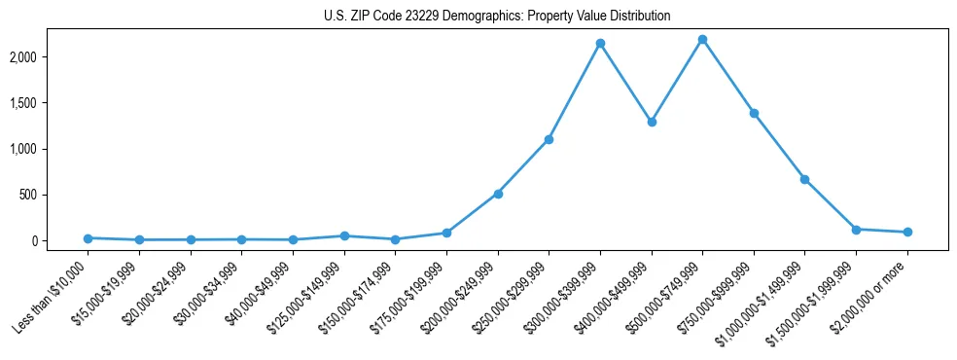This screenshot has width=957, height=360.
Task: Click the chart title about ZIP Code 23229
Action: [497, 17]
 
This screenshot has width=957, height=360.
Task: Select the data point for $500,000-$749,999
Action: [702, 40]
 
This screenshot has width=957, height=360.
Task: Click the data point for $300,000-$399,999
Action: [600, 44]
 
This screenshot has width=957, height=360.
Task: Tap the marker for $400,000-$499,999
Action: [652, 123]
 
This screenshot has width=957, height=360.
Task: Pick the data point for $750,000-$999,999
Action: [754, 113]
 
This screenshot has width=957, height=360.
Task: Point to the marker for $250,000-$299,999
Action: [549, 139]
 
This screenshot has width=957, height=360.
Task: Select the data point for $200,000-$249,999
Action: [498, 194]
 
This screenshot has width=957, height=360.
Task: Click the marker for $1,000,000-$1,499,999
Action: [804, 179]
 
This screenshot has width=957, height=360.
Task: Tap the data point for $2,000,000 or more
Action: [907, 232]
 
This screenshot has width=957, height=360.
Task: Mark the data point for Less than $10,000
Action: [88, 238]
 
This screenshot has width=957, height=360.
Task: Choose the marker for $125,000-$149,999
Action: [344, 235]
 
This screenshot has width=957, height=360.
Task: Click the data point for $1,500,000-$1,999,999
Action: [856, 230]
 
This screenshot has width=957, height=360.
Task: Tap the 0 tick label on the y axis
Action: [59, 240]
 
